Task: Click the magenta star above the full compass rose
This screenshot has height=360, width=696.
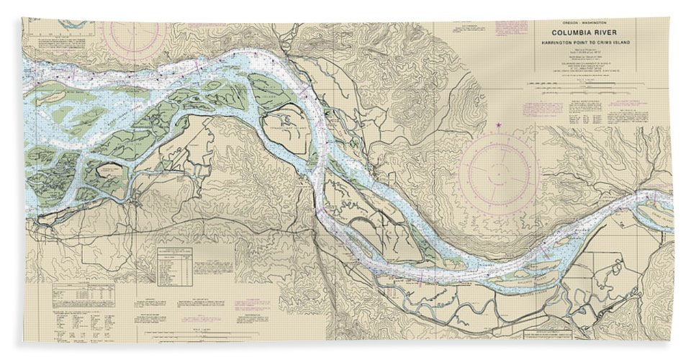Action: click(x=499, y=126)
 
